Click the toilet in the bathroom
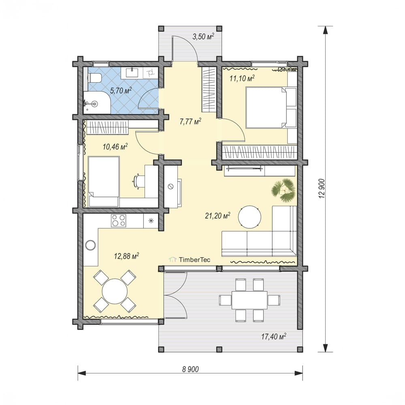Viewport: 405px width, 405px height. pyautogui.click(x=94, y=78)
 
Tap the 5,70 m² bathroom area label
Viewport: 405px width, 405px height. pyautogui.click(x=121, y=90)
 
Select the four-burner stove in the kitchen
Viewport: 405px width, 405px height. pyautogui.click(x=119, y=221)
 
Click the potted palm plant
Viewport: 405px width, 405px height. pyautogui.click(x=283, y=190)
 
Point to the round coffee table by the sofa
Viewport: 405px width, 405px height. pyautogui.click(x=249, y=217)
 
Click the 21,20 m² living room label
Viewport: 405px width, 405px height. pyautogui.click(x=217, y=215)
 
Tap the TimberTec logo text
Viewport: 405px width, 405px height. pyautogui.click(x=195, y=260)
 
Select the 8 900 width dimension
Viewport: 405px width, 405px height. pyautogui.click(x=191, y=369)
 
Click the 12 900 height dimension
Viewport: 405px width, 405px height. pyautogui.click(x=322, y=189)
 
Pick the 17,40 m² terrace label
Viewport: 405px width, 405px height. pyautogui.click(x=273, y=337)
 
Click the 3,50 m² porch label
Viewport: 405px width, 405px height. pyautogui.click(x=203, y=36)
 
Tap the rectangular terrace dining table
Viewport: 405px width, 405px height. pyautogui.click(x=249, y=300)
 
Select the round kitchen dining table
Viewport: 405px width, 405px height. pyautogui.click(x=115, y=291)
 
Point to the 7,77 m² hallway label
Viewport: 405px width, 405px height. pyautogui.click(x=190, y=121)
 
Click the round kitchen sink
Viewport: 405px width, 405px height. pyautogui.click(x=91, y=245)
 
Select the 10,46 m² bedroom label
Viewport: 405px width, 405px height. pyautogui.click(x=115, y=147)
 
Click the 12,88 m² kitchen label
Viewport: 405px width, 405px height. pyautogui.click(x=126, y=256)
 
